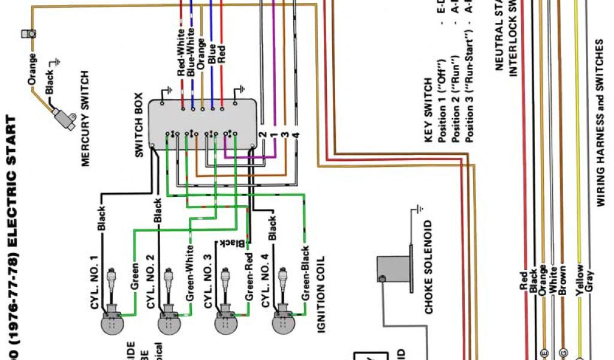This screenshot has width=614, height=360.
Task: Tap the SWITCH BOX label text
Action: (139, 125)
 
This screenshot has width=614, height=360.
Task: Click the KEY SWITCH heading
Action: (428, 110)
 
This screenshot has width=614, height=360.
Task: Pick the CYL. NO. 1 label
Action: (94, 282)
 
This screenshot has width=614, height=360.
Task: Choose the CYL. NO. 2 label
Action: (151, 282)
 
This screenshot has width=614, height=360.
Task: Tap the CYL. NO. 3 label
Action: (208, 282)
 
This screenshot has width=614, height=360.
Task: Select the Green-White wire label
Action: (190, 273)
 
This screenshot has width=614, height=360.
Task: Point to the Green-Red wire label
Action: (248, 276)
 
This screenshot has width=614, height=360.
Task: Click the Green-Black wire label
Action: (305, 274)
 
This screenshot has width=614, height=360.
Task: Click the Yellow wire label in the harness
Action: (579, 280)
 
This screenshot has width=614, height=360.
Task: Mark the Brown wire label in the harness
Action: (562, 280)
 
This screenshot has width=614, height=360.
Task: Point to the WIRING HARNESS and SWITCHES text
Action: (600, 123)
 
